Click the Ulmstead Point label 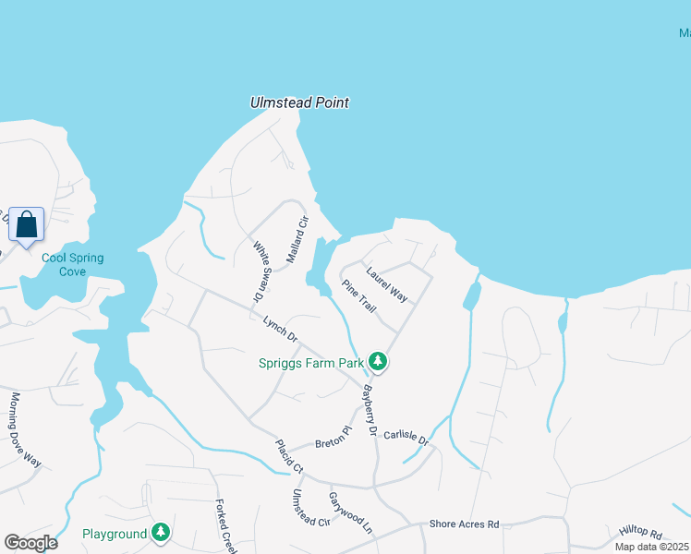(x=299, y=103)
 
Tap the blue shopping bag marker (x=27, y=224)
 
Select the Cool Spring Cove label (x=72, y=265)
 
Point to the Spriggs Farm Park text (x=310, y=364)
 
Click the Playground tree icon (x=161, y=533)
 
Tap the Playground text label (x=115, y=534)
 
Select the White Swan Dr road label (x=260, y=271)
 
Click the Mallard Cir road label (x=296, y=239)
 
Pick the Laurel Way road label (x=386, y=284)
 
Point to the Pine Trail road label (x=358, y=296)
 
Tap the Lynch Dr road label (x=280, y=328)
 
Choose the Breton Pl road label (x=334, y=436)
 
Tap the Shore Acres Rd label (x=464, y=524)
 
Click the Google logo (x=30, y=542)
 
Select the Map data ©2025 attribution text (x=651, y=547)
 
